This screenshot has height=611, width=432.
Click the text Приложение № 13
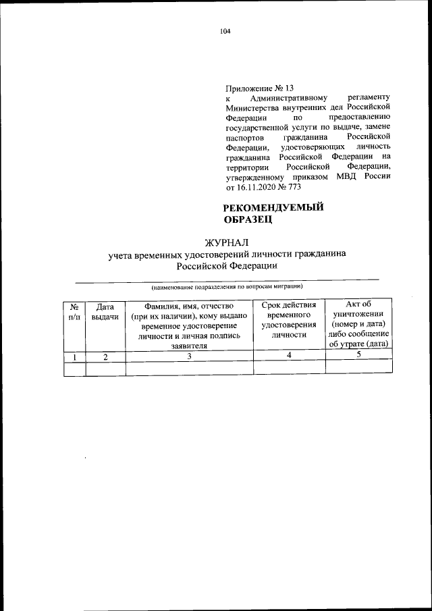(x=260, y=88)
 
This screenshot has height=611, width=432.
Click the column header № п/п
(x=74, y=311)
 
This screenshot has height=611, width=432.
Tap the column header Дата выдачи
(x=105, y=311)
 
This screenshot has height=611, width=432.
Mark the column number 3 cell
(x=190, y=356)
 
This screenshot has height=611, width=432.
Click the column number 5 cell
(x=358, y=355)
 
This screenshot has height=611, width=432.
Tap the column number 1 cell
(x=74, y=356)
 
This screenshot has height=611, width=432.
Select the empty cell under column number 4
(x=289, y=368)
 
